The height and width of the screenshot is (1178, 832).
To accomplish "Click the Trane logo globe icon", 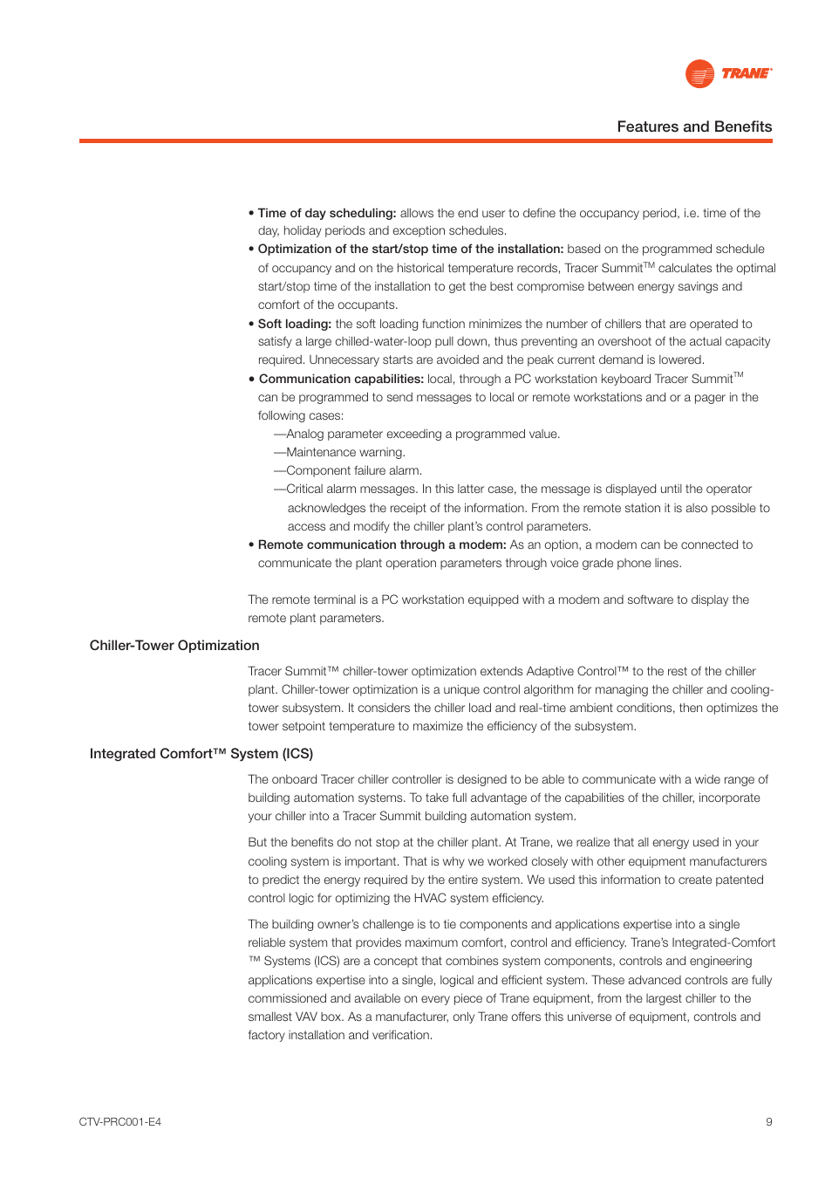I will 699,74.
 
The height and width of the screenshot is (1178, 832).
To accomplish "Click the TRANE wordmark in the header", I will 746,74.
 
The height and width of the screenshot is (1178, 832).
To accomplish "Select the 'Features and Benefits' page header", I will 694,127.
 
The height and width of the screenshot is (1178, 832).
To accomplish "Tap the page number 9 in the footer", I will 768,1122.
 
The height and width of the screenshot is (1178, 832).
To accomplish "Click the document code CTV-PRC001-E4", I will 120,1122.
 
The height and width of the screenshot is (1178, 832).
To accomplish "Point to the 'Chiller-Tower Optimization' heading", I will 174,646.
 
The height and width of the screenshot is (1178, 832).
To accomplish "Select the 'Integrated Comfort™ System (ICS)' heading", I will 201,754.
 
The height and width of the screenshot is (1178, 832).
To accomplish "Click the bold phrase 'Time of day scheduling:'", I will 327,213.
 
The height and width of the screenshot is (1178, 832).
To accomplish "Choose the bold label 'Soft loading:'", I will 295,324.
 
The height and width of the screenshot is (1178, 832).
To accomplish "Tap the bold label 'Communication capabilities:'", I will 341,379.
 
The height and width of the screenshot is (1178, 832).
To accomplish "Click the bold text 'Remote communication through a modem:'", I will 382,544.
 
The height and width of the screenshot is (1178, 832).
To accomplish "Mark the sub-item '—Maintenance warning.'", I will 340,452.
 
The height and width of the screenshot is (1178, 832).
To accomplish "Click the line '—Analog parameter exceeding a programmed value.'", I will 417,434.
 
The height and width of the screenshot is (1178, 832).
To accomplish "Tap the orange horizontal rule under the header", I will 426,140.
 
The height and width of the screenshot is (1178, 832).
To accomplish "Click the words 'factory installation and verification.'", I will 340,1035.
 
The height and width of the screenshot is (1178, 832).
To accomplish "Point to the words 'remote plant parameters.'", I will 316,618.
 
